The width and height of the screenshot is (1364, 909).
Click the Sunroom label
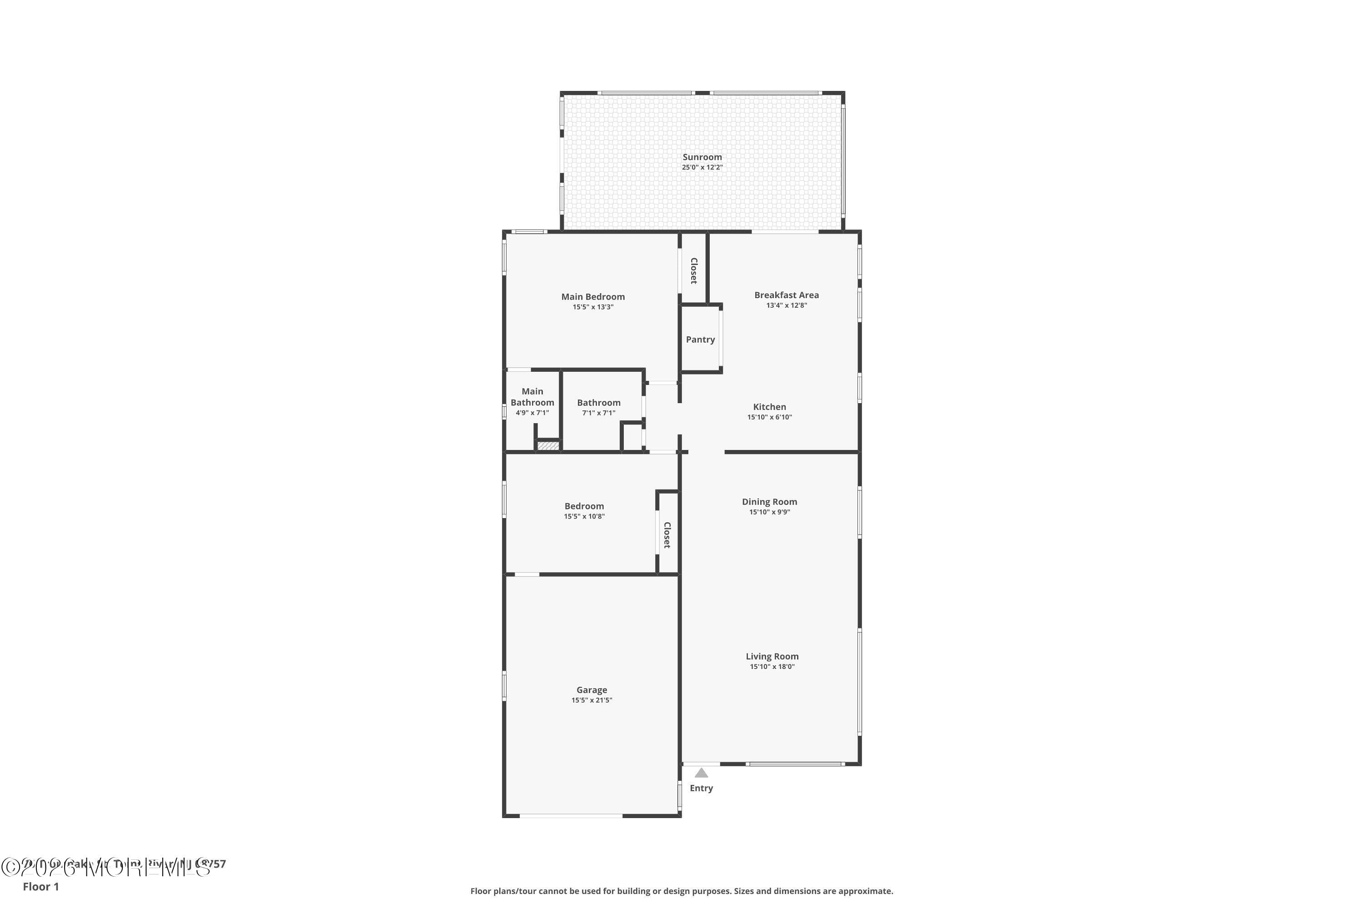pyautogui.click(x=702, y=157)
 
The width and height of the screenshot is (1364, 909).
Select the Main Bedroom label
pyautogui.click(x=593, y=297)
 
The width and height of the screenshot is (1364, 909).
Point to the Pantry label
pyautogui.click(x=700, y=340)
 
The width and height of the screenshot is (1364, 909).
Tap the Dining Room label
pyautogui.click(x=769, y=502)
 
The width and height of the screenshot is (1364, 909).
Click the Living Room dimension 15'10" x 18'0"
pyautogui.click(x=772, y=667)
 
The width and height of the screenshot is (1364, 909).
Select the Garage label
pyautogui.click(x=592, y=690)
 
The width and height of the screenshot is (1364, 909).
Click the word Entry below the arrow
pyautogui.click(x=701, y=789)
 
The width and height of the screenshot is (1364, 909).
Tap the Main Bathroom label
pyautogui.click(x=532, y=397)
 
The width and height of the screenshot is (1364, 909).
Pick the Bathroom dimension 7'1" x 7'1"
pyautogui.click(x=598, y=413)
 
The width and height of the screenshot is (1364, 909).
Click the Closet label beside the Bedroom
pyautogui.click(x=667, y=535)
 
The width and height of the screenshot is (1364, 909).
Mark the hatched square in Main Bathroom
pyautogui.click(x=547, y=446)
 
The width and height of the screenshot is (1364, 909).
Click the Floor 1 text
pyautogui.click(x=40, y=886)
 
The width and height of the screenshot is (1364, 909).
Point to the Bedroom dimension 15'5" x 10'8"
pyautogui.click(x=584, y=516)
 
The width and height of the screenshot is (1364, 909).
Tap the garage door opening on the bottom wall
pyautogui.click(x=571, y=816)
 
